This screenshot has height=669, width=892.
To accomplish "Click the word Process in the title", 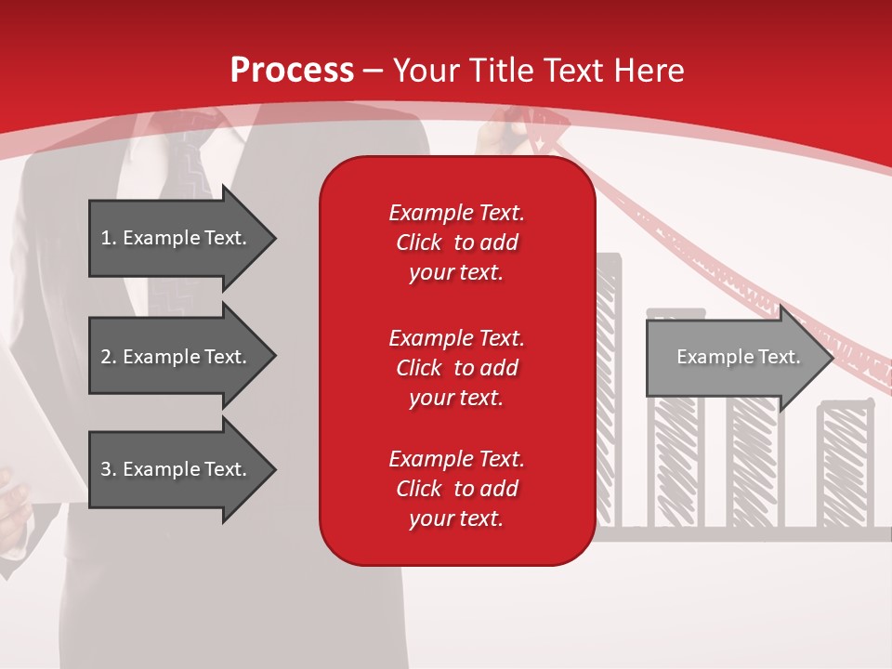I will (x=292, y=70).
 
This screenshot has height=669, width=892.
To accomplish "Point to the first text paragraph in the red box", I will (x=456, y=243).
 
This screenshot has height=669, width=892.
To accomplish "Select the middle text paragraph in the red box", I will (x=456, y=367).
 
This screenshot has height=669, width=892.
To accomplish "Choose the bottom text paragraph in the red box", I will (x=456, y=489).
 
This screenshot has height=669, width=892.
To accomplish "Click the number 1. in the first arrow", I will (x=109, y=238).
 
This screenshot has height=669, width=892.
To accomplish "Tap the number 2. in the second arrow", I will (x=109, y=357).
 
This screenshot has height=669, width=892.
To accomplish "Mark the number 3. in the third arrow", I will (x=109, y=469).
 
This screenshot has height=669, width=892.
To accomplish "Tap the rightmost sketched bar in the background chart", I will (x=845, y=465).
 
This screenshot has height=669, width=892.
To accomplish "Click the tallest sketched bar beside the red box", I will (x=608, y=390).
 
